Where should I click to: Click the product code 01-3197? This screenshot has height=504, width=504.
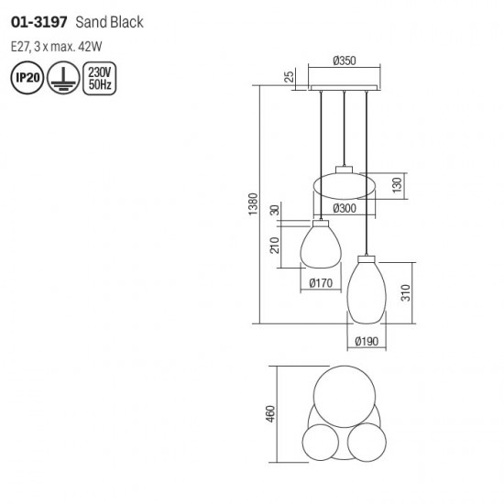39,23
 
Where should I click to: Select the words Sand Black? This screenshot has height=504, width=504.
109,23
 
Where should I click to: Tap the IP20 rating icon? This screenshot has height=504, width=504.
27,78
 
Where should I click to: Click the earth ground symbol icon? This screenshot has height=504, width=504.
63,78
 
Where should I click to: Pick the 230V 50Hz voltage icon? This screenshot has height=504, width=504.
100,78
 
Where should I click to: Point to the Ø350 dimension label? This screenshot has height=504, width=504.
345,60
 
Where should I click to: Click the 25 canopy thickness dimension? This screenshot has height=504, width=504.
290,76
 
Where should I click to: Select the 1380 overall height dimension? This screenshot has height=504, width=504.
253,204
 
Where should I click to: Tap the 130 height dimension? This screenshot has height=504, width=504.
398,185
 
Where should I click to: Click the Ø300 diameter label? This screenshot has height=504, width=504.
345,208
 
